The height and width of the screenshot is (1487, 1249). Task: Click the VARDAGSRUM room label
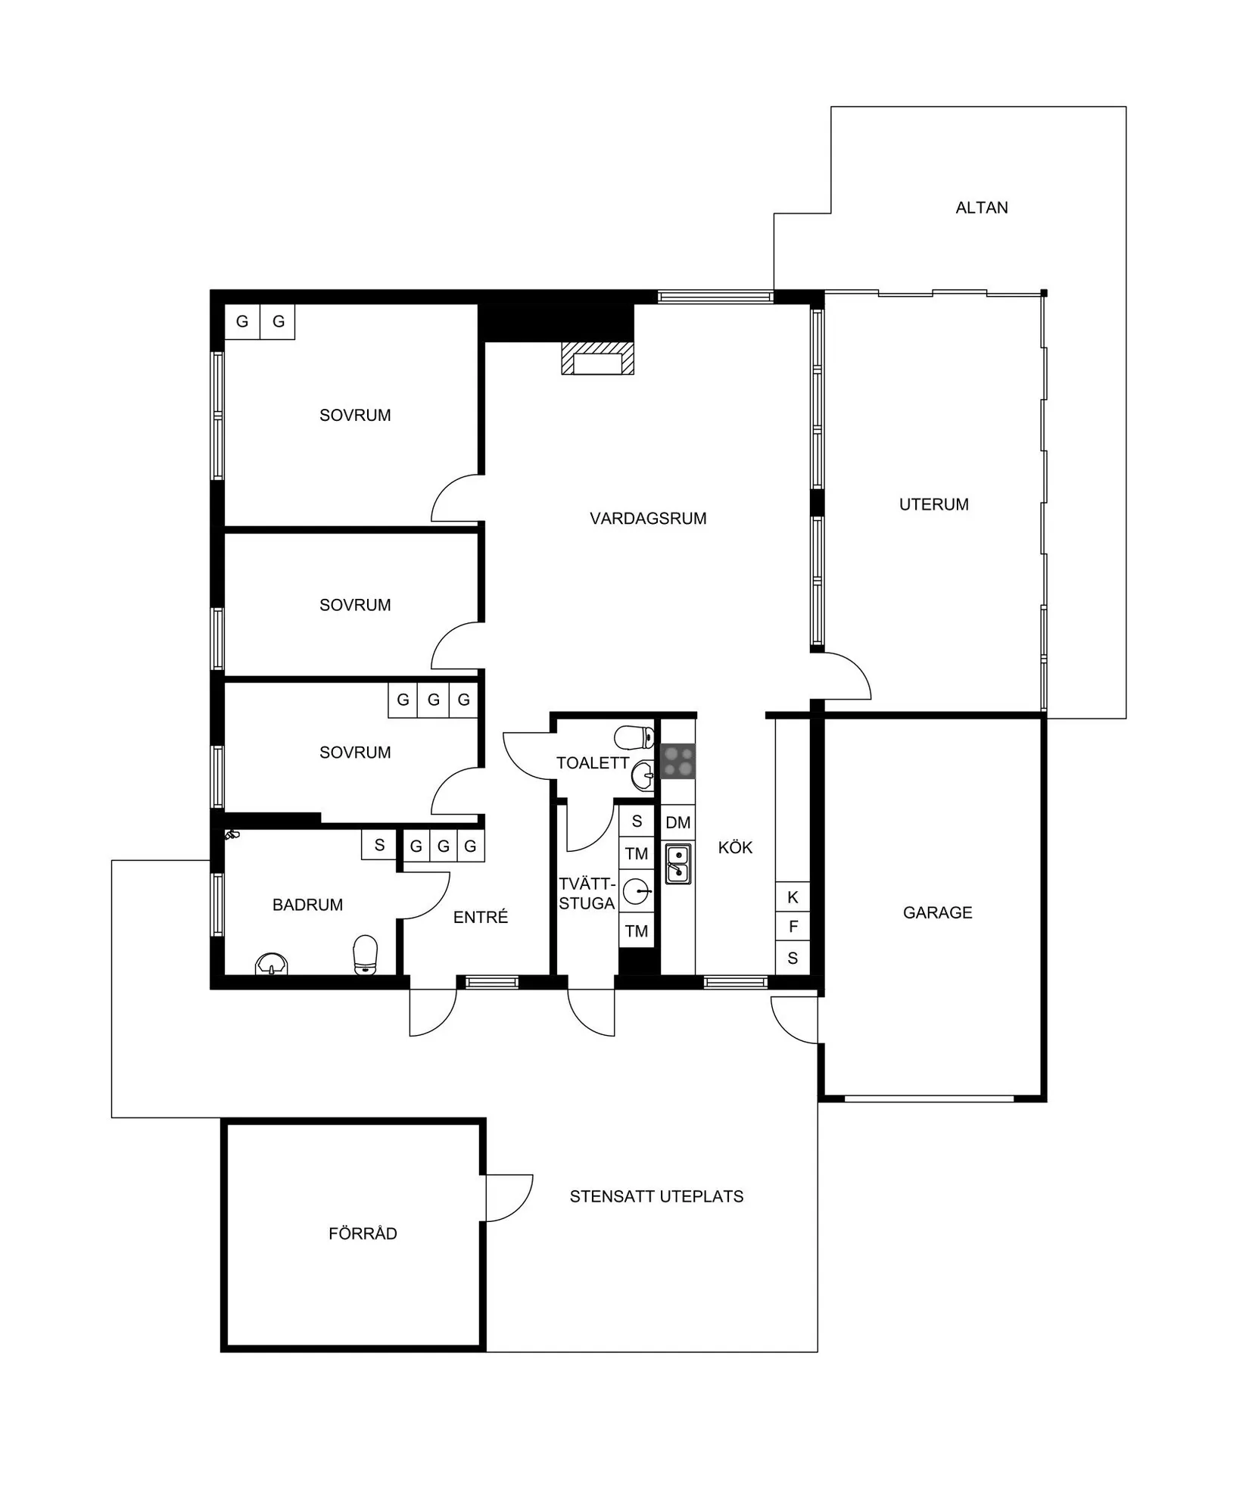(x=648, y=519)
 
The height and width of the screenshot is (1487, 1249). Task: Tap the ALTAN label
(x=981, y=207)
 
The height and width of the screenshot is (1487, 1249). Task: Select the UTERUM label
(x=933, y=504)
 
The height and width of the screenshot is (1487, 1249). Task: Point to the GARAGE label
(x=937, y=912)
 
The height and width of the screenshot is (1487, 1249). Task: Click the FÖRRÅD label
(x=363, y=1233)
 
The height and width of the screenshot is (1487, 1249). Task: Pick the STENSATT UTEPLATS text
(x=656, y=1196)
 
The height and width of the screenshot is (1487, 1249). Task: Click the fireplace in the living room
(x=597, y=359)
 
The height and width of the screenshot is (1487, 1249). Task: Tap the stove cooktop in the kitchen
(x=678, y=762)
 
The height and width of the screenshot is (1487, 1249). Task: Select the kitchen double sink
(x=678, y=864)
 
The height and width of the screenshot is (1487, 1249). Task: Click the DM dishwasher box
(x=678, y=822)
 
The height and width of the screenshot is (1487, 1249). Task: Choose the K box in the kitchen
(x=793, y=897)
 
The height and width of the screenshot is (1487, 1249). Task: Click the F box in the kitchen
(x=793, y=926)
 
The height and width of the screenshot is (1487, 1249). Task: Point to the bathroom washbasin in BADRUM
(x=272, y=964)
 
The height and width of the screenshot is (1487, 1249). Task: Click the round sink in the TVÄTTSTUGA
(x=637, y=892)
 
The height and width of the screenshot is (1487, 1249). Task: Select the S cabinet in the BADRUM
(x=379, y=845)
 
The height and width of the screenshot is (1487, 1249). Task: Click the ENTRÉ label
(x=481, y=917)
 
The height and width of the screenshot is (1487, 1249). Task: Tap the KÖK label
(x=735, y=847)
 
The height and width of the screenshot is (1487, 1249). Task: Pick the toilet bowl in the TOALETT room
(x=634, y=737)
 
